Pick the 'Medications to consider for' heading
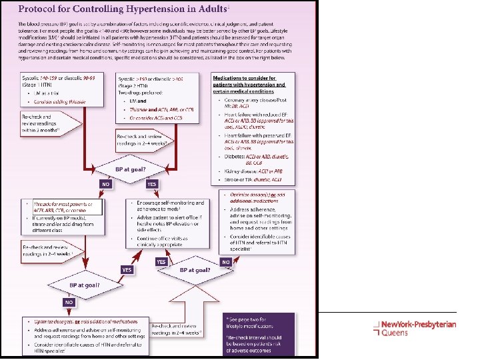click(248, 79)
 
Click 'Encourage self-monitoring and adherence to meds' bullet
click(172, 206)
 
